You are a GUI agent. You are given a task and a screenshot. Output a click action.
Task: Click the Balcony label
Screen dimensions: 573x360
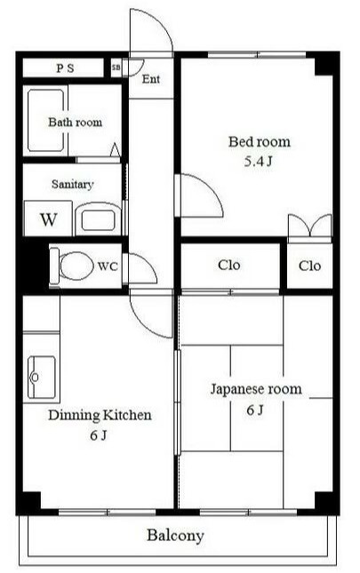(x=175, y=536)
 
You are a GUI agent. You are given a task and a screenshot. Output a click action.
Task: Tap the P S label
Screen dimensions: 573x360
(x=66, y=68)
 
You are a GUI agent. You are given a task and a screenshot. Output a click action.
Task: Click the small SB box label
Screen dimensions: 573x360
(x=116, y=68)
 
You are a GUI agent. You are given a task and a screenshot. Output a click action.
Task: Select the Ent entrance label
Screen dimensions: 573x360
(x=151, y=79)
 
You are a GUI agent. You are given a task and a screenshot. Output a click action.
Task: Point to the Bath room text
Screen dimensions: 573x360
(x=75, y=122)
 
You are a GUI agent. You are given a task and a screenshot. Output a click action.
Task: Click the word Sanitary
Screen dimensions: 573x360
(x=72, y=185)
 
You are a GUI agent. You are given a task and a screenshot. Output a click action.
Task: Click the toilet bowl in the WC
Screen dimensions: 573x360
(x=75, y=265)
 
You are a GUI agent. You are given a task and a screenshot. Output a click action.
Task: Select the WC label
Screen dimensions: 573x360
(x=108, y=266)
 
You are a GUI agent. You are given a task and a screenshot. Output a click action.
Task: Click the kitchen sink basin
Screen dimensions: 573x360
(x=41, y=378)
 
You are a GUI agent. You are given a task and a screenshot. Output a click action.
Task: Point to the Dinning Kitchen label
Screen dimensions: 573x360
(x=100, y=415)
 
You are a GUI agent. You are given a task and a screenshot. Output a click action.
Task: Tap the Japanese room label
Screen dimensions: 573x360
(x=255, y=388)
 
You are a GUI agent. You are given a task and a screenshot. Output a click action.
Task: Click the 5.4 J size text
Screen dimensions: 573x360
(x=259, y=162)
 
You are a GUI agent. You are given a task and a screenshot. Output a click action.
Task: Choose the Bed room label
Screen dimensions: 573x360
(x=259, y=141)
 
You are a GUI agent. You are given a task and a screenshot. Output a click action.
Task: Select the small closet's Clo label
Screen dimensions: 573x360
(x=309, y=266)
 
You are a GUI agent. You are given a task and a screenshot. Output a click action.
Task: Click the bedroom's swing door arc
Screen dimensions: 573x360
(x=201, y=193)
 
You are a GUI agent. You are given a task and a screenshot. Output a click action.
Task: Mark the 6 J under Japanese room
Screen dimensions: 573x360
(x=255, y=410)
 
